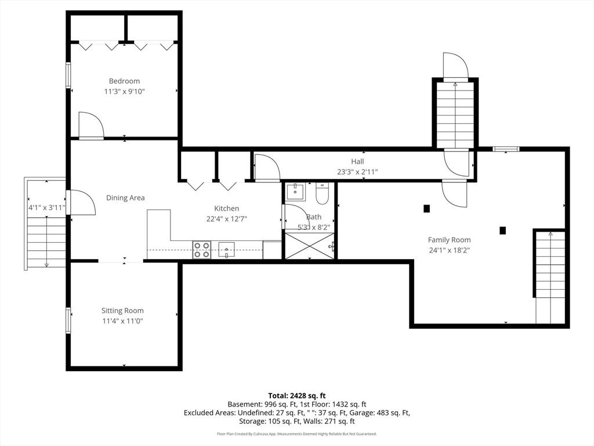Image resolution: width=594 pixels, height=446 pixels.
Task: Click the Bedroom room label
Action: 124,81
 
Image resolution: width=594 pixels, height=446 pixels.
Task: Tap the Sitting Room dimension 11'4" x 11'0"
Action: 123,321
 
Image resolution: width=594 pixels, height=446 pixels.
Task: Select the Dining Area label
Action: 125,197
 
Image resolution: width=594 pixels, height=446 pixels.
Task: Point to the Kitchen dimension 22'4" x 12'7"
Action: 227,219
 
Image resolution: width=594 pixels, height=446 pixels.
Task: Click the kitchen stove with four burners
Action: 201,250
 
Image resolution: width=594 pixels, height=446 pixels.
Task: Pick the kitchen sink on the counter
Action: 226,250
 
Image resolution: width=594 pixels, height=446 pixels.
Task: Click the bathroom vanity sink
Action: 295,192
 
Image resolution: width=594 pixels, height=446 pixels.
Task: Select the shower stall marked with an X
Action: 310,246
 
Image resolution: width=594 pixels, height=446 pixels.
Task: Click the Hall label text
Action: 357,161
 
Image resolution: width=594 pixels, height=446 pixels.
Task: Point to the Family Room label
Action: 450,240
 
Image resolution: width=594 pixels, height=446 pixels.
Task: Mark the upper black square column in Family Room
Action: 426,208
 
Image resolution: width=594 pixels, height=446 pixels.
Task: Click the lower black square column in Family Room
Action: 503,230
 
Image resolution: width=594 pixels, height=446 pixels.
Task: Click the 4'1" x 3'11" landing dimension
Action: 47,207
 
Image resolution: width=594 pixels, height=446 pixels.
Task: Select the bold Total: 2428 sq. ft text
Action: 297,396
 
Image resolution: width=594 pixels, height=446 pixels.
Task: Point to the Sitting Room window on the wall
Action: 68,321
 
